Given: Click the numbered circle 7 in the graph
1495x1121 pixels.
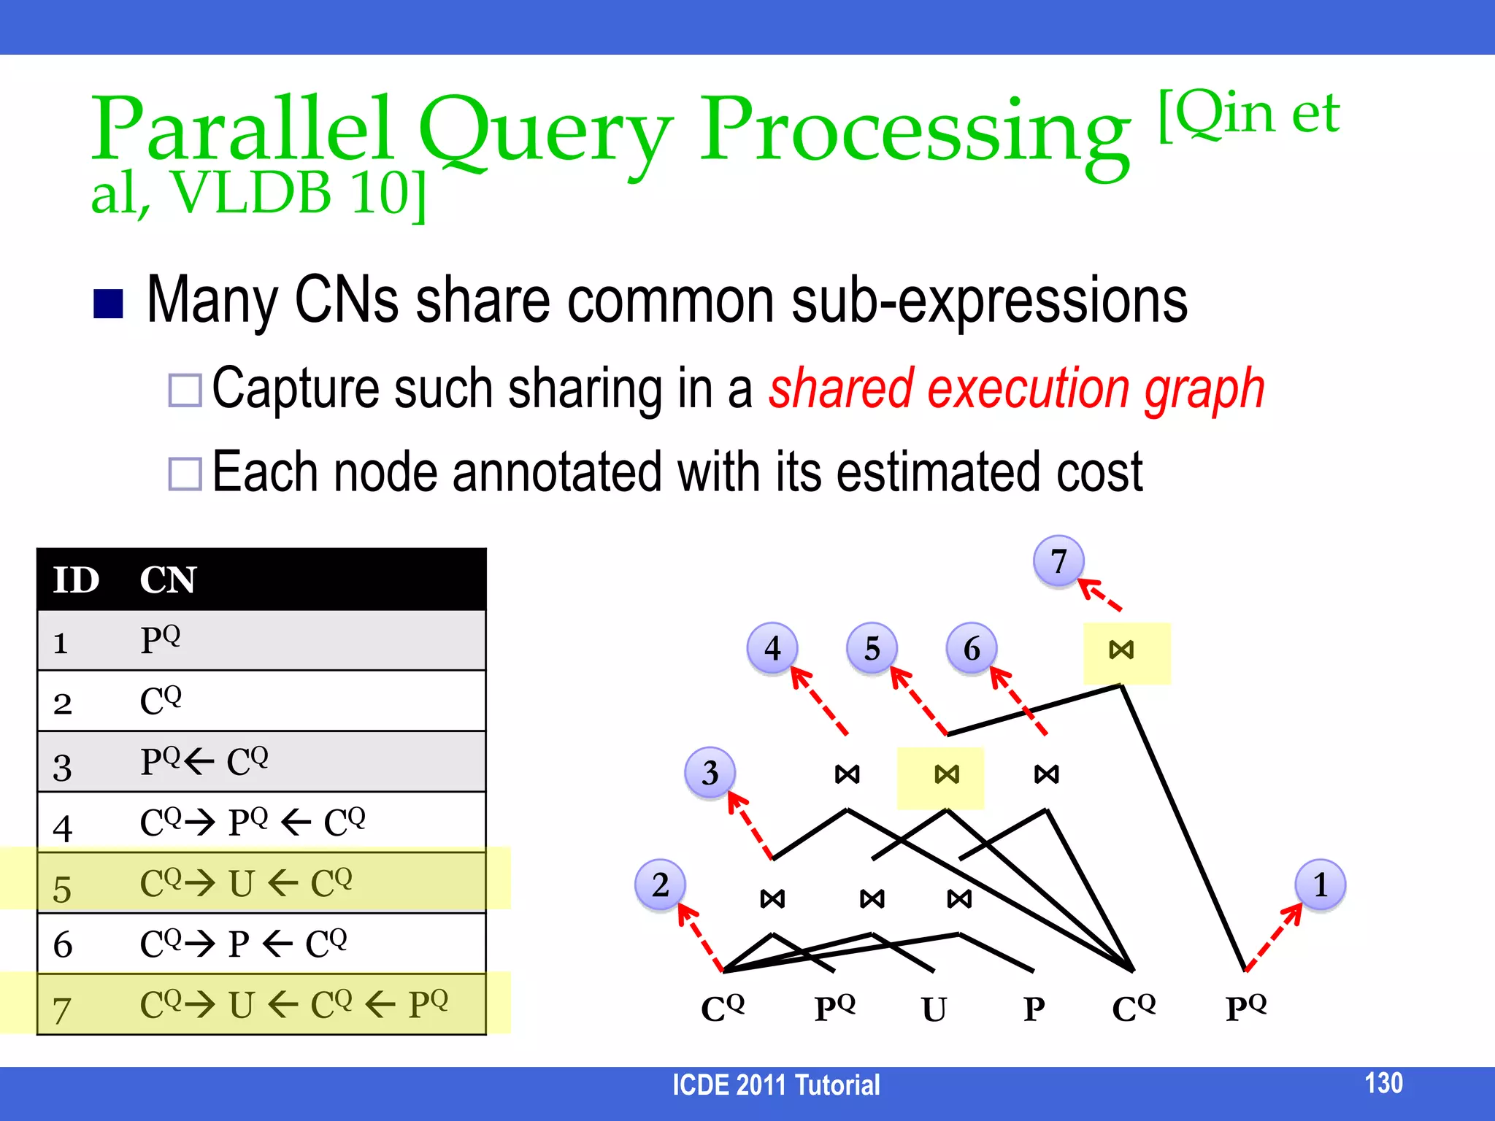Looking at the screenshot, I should (1058, 560).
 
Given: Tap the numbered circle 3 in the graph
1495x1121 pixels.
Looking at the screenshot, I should (710, 772).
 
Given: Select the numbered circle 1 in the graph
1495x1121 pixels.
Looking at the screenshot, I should (1320, 885).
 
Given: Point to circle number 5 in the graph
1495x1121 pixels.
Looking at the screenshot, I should (872, 648).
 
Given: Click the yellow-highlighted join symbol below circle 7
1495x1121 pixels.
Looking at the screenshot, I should (1121, 650).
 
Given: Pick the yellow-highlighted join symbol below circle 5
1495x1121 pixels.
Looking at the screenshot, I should (947, 774).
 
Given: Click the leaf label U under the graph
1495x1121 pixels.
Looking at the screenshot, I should (934, 1009).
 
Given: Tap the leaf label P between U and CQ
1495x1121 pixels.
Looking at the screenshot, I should (1034, 1009).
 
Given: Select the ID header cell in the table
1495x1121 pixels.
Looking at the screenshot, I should (76, 580).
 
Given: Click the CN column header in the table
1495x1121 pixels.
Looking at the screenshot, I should (168, 580).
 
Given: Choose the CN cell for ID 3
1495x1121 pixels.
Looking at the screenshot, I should (204, 762).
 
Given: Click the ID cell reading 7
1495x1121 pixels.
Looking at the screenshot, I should (62, 1010).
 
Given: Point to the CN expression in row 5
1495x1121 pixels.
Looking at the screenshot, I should (246, 883).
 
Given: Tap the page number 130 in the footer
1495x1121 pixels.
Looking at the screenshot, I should (1383, 1082).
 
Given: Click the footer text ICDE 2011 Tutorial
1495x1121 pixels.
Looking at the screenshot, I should (775, 1085).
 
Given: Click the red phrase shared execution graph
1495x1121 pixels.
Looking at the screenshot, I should (1016, 388).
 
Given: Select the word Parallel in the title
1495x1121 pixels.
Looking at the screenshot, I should (241, 130).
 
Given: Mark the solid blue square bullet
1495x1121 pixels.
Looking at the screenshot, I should (108, 304).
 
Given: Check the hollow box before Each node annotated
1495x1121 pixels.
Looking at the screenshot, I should (185, 474).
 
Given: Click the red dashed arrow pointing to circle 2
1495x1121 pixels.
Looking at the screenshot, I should (700, 937).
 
